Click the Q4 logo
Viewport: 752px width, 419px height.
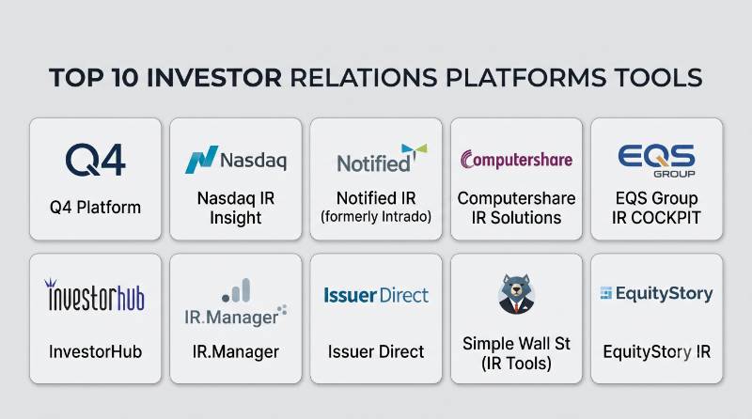(x=96, y=160)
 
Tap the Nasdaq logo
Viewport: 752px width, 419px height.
(x=236, y=160)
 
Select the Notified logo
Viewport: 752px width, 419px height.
(x=382, y=158)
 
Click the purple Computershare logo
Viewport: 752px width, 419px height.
(x=516, y=160)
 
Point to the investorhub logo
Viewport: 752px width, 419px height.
(x=95, y=295)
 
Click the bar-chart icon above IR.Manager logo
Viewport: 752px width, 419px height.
(x=237, y=290)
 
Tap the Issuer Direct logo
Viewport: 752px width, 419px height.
(x=376, y=295)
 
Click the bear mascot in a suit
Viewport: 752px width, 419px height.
(x=516, y=293)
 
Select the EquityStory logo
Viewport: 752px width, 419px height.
(x=656, y=293)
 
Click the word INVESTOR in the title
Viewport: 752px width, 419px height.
(x=214, y=78)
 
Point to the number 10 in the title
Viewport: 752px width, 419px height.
(x=125, y=78)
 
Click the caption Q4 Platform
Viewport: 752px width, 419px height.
(x=96, y=208)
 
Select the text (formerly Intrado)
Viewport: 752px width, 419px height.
(x=376, y=217)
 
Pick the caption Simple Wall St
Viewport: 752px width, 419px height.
(x=516, y=344)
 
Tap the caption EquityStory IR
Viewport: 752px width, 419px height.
(x=656, y=352)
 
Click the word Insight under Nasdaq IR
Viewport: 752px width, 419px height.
(x=236, y=218)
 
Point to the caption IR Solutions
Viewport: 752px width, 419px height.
(x=516, y=218)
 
